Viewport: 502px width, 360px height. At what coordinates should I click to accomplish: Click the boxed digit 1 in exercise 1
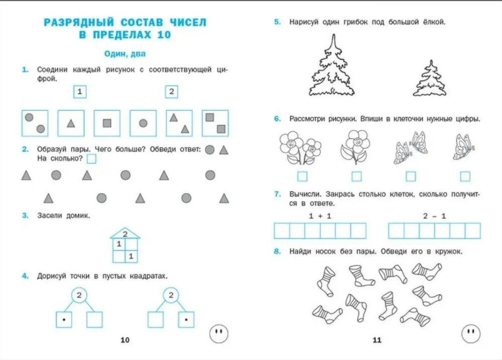79,92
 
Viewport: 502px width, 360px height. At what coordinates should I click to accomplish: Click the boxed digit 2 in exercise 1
171,92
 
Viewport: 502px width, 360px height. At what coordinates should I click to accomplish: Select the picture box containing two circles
35,123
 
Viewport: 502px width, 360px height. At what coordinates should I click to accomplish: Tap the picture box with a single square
107,123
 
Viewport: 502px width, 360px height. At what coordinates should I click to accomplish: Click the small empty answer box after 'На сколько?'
91,159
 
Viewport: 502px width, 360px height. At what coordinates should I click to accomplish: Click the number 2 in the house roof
125,233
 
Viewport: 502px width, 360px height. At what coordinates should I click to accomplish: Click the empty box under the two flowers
302,176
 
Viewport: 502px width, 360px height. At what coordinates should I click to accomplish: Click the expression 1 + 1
319,216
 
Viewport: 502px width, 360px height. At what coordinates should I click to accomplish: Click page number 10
125,340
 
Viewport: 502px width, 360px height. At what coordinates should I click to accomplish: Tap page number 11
377,340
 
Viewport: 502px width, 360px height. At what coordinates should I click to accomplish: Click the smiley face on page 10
217,332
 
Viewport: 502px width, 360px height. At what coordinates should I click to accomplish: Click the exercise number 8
277,252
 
